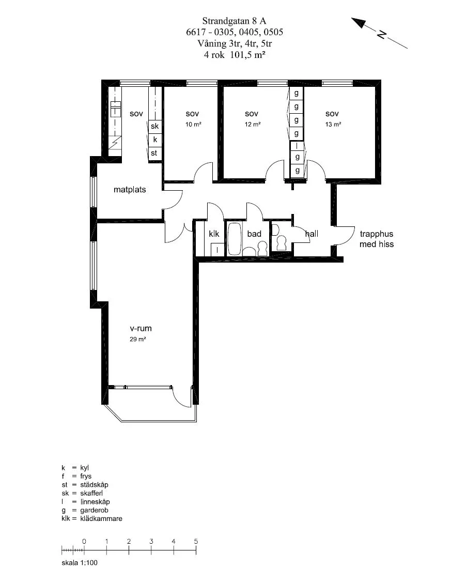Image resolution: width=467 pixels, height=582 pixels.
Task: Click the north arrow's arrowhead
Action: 358,22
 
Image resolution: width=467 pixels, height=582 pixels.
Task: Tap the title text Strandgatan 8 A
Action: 234,21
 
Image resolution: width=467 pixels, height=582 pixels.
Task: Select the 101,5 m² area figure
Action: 248,55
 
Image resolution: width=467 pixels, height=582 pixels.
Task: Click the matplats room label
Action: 130,190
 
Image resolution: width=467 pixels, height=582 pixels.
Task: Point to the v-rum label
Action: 141,329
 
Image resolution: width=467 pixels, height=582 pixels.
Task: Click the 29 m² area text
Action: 137,339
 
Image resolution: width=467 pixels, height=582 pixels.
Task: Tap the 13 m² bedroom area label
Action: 333,125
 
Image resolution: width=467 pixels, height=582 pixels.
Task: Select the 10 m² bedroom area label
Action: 193,125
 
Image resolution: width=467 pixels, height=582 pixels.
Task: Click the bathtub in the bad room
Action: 235,239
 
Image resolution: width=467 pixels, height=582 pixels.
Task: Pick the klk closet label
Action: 214,234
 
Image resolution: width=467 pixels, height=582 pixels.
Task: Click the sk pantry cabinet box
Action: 155,126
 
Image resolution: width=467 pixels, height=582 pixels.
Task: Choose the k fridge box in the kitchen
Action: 155,140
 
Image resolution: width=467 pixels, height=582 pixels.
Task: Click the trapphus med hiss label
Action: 377,239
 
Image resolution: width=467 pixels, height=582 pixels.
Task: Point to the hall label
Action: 312,234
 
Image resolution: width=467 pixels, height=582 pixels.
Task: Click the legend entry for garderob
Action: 85,510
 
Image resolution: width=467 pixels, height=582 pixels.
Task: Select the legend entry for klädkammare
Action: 91,518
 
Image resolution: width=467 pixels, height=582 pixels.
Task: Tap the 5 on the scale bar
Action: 196,542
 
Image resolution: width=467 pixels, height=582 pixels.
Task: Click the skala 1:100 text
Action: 80,563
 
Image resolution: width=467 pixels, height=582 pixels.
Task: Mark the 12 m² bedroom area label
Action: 253,125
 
